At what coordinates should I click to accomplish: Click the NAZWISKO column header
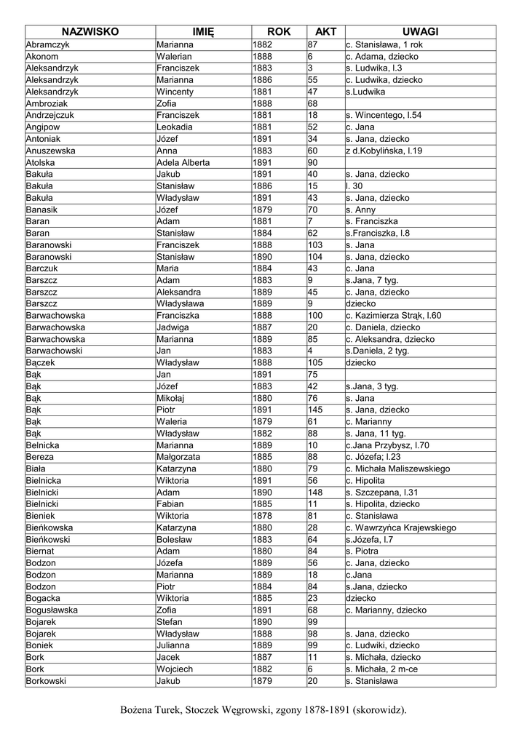click(x=90, y=32)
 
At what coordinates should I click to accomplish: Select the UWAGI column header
click(x=421, y=32)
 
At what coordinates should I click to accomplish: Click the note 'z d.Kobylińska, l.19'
click(x=384, y=151)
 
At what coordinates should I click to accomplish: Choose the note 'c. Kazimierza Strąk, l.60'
click(x=394, y=315)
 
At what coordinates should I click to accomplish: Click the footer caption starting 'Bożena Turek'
click(x=263, y=709)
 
